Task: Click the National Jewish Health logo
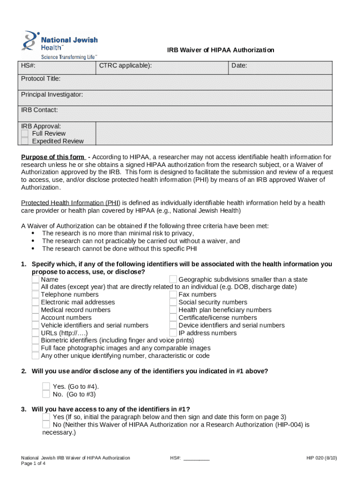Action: pyautogui.click(x=59, y=45)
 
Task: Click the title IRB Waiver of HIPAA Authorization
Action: pyautogui.click(x=221, y=50)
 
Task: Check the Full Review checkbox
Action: pyautogui.click(x=25, y=134)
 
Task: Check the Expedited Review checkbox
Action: pyautogui.click(x=25, y=141)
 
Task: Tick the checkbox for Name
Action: pyautogui.click(x=36, y=280)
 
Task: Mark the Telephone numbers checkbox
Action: pyautogui.click(x=36, y=295)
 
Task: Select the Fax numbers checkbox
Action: pyautogui.click(x=173, y=295)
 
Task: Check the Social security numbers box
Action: pyautogui.click(x=173, y=302)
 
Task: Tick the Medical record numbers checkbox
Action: pyautogui.click(x=36, y=310)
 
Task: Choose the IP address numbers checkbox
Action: pyautogui.click(x=173, y=333)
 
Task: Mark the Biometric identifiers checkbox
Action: pyautogui.click(x=36, y=341)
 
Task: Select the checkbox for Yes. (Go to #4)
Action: pyautogui.click(x=46, y=386)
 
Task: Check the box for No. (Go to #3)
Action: pyautogui.click(x=46, y=394)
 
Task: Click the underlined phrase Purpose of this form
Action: pyautogui.click(x=53, y=157)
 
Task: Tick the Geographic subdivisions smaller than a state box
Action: pyautogui.click(x=173, y=280)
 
